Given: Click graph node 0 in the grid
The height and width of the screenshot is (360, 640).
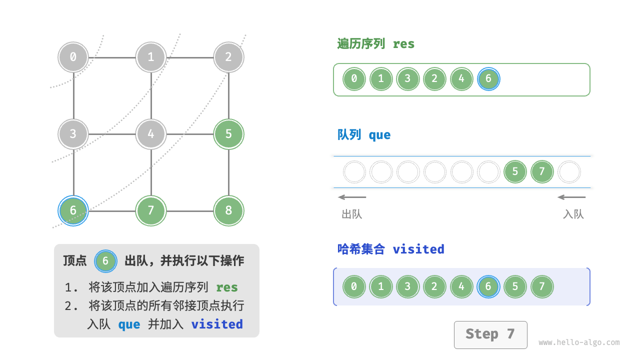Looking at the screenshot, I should click(73, 57).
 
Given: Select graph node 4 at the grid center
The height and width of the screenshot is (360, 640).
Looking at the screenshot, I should click(151, 134).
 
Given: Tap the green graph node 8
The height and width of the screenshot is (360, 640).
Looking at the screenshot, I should click(228, 210).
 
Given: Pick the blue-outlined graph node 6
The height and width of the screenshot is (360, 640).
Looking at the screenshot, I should click(73, 210).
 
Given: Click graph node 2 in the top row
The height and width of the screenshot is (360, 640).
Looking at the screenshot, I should click(228, 57).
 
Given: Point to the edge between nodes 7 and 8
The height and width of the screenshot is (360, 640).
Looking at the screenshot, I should click(190, 210).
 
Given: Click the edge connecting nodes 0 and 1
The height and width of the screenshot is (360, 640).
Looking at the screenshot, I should click(112, 57).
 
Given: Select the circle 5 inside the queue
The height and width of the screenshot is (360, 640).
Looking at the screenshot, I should click(515, 172).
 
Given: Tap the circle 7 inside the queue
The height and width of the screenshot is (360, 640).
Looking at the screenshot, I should click(542, 172).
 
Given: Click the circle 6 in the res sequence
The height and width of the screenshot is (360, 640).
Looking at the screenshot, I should click(488, 79).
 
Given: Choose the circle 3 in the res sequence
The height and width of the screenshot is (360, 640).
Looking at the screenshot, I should click(408, 79).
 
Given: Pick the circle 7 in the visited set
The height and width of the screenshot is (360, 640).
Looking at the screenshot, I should click(542, 286).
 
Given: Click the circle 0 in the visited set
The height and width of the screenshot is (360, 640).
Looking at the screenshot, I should click(354, 286).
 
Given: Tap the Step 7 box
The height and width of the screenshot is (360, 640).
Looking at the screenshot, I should click(490, 334).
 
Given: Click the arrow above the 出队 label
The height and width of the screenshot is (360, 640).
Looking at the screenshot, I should click(352, 197).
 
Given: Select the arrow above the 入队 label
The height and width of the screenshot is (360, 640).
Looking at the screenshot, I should click(571, 197).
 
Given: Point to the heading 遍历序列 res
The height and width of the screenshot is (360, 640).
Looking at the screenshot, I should click(376, 44).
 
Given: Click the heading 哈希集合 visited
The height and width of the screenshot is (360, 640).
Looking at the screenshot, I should click(390, 249).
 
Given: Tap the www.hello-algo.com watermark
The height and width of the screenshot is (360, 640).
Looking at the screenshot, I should click(579, 342).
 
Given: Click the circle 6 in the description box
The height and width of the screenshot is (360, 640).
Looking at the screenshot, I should click(105, 261).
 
